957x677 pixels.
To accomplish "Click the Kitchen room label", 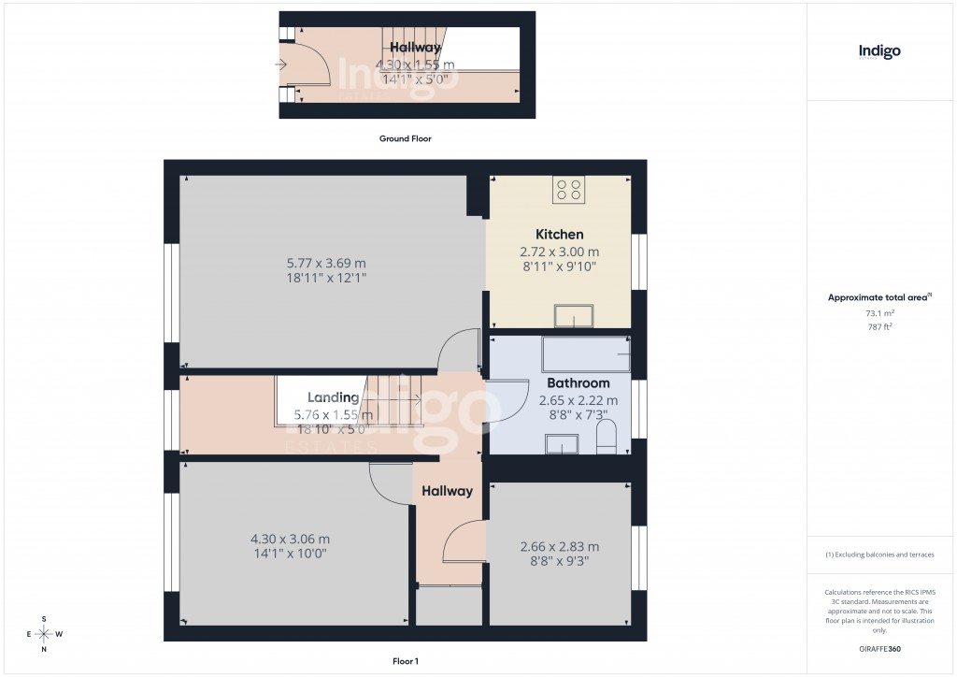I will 559,235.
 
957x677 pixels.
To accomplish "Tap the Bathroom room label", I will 578,383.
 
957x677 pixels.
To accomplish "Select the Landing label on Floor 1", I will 334,397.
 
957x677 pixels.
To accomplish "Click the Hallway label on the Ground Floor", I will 415,48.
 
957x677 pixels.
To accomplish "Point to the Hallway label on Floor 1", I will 447,491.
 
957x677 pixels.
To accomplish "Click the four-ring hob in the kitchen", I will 568,191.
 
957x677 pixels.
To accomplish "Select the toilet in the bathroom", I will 607,437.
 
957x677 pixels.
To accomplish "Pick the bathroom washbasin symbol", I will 562,445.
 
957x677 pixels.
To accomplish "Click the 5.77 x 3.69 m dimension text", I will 326,263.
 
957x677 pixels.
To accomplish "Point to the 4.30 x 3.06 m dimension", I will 290,539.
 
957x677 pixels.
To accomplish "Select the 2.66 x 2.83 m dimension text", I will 559,547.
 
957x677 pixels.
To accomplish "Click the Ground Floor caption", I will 405,138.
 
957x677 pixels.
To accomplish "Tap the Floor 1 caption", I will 405,661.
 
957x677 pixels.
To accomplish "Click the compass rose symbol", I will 43,634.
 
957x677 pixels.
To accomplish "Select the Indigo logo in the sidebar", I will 879,52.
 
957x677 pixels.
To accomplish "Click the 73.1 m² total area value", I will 878,314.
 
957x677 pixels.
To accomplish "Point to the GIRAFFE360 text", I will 879,649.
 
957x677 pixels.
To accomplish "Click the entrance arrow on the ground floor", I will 281,65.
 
